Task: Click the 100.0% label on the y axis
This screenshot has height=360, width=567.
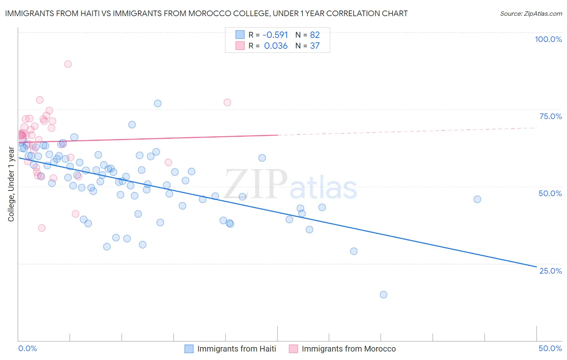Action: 548,39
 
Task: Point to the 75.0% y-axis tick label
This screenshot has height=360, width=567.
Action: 550,116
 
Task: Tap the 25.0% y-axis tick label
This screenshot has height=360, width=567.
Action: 550,271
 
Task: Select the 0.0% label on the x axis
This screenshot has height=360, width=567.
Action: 27,349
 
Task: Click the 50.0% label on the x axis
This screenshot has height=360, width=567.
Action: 550,349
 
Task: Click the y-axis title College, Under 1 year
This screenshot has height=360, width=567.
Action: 11,184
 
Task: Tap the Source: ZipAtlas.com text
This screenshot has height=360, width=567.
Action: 531,14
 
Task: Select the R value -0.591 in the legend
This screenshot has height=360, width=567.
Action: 275,35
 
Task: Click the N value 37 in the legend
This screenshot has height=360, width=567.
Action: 315,46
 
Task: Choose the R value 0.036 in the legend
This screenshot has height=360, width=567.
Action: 275,46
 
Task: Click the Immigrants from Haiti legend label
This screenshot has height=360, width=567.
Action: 237,349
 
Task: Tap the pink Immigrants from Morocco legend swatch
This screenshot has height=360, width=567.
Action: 293,349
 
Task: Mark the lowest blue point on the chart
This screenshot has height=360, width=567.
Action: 384,295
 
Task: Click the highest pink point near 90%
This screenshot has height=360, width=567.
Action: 68,64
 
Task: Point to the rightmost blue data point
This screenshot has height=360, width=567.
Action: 477,199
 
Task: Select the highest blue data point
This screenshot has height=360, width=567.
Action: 158,103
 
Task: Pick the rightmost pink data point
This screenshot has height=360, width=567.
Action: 227,103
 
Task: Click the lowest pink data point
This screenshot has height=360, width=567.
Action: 42,228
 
